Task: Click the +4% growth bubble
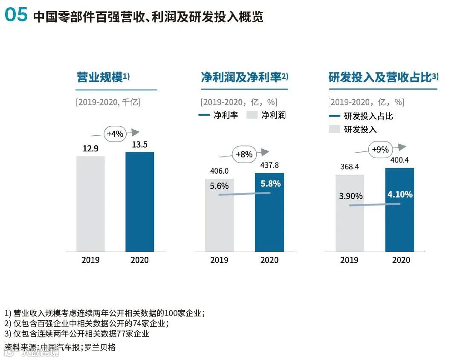(115, 134)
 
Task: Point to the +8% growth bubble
(244, 154)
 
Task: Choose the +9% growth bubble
(380, 149)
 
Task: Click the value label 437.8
(269, 165)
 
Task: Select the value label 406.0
(219, 171)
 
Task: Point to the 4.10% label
(400, 195)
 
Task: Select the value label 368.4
(350, 167)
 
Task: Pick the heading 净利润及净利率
(241, 78)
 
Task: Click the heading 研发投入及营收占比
(380, 78)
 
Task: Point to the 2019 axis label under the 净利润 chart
(219, 260)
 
